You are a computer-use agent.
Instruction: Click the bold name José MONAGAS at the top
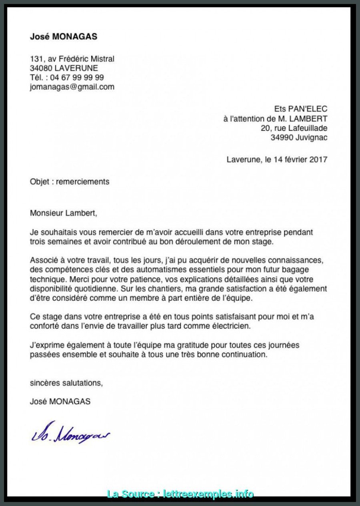64,37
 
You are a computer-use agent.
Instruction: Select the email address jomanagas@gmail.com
72,87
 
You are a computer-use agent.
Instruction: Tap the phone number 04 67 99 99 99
77,77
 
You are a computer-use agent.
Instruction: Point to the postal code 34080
42,68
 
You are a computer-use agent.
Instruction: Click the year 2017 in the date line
318,159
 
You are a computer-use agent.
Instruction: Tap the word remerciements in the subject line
82,182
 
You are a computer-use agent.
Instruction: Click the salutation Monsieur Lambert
63,213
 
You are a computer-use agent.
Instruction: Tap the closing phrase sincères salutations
66,383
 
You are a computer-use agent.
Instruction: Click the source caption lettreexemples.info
208,494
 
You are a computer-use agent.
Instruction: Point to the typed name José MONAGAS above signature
60,402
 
